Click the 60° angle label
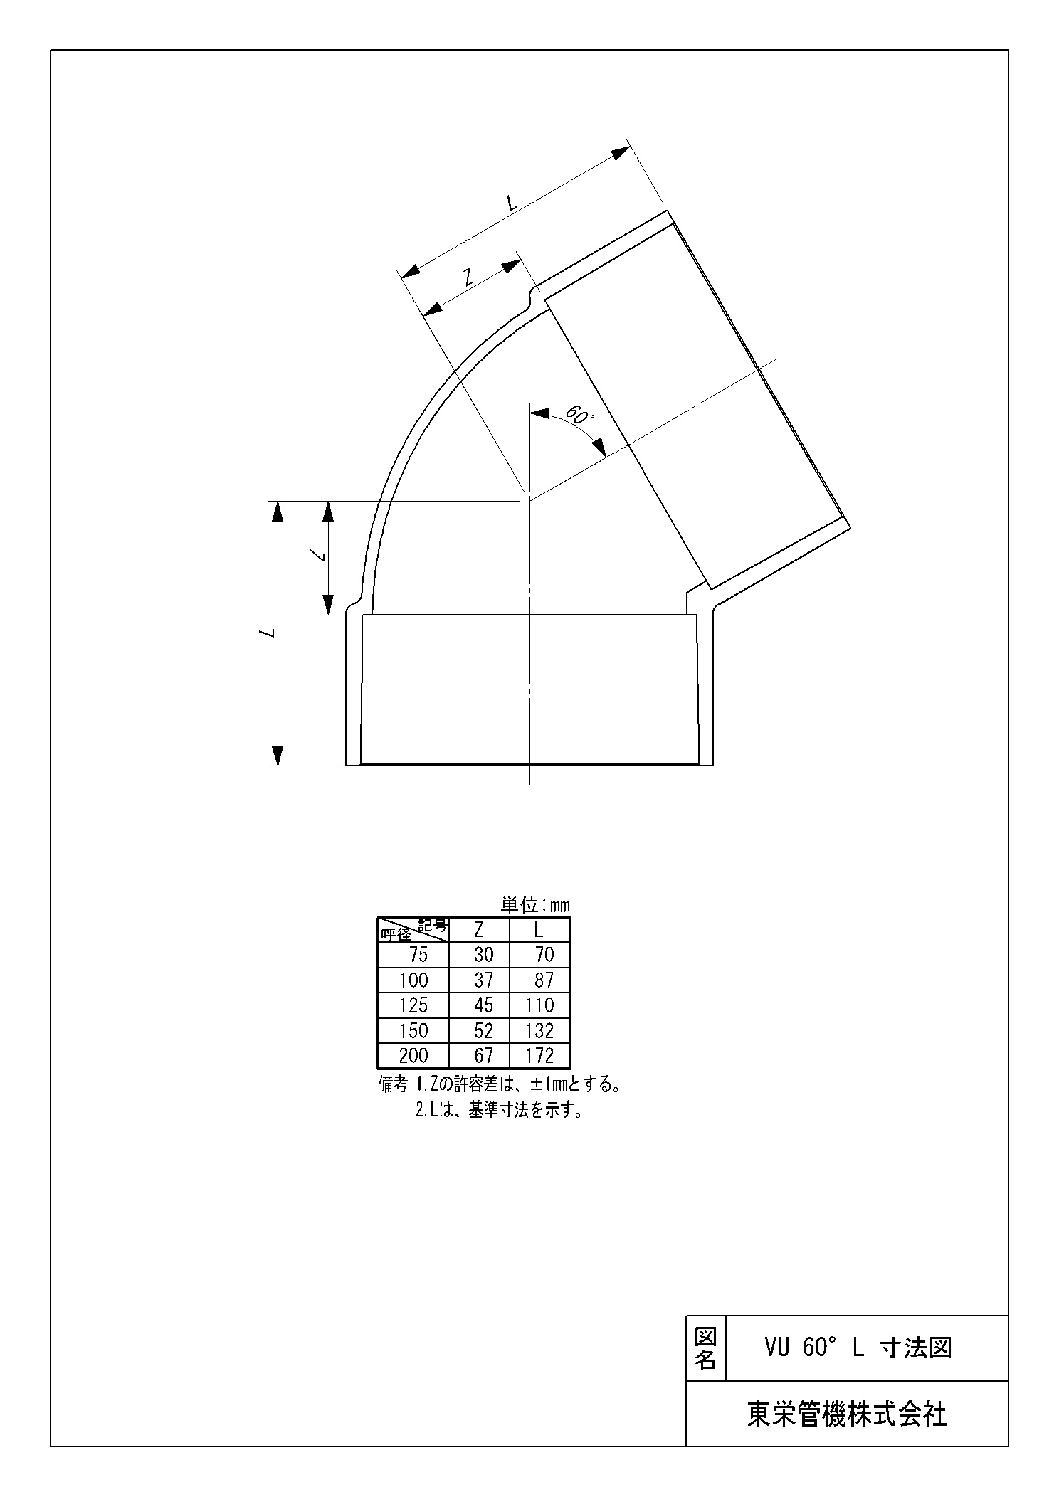579,416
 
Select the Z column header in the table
479,930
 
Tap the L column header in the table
539,930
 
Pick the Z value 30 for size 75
483,955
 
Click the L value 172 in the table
539,1056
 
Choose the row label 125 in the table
413,1005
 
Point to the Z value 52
483,1031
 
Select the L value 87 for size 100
544,980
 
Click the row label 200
413,1056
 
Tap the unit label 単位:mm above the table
535,906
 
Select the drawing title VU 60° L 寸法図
858,1347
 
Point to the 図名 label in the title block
705,1348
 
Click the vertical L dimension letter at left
268,632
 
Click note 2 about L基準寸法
499,1110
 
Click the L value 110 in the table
539,1005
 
